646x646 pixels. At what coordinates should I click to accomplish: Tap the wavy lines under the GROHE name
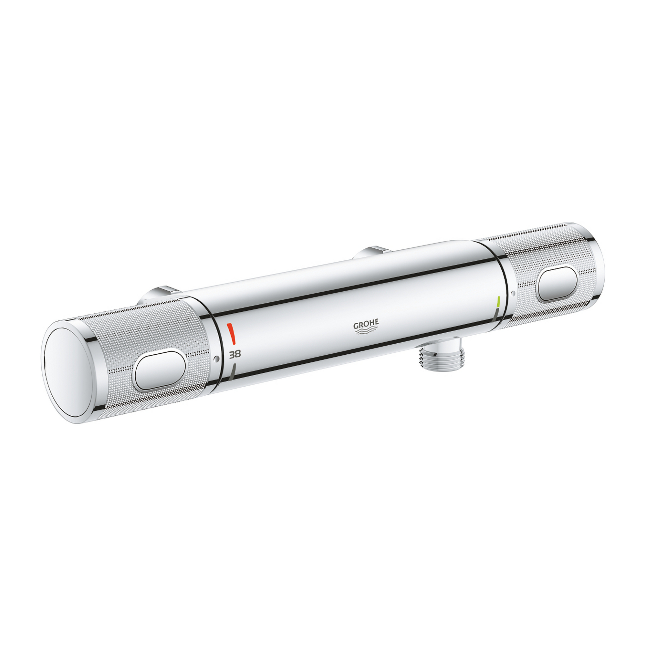click(366, 331)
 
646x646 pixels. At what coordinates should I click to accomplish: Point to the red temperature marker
click(231, 333)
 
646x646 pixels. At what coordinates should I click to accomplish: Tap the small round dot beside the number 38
click(216, 359)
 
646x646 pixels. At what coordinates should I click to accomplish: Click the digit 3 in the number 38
click(231, 355)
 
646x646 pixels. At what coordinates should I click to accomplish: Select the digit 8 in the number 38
click(238, 354)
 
